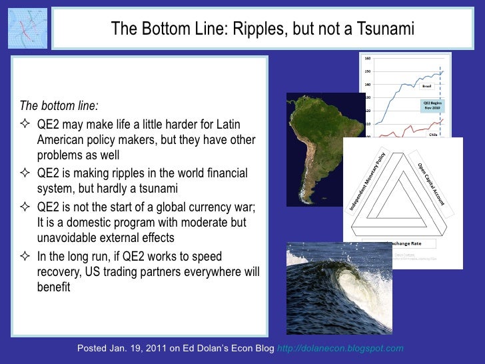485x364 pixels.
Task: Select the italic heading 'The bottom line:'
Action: [x=59, y=106]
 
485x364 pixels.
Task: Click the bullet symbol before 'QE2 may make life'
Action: [x=27, y=125]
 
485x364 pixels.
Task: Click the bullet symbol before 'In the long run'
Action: [x=27, y=257]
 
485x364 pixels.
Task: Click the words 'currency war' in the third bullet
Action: [x=222, y=206]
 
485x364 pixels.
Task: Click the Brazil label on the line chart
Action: [x=428, y=85]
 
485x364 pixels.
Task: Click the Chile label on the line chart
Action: [x=432, y=133]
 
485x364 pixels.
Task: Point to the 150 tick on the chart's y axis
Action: [x=367, y=71]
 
